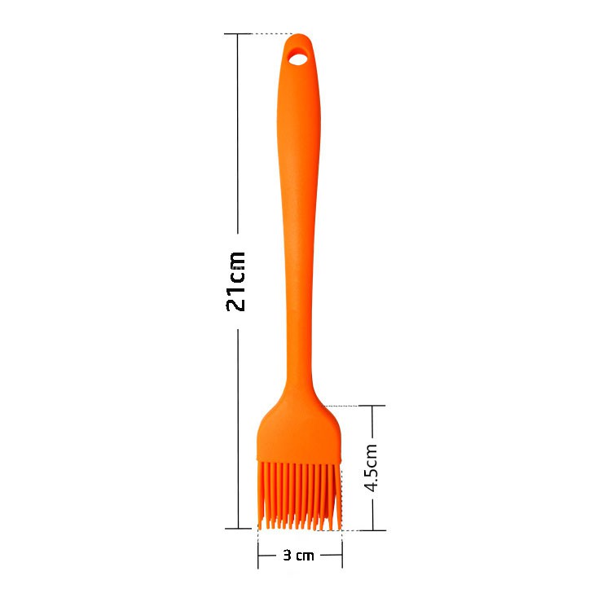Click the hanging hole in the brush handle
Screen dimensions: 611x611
click(298, 59)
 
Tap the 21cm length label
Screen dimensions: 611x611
click(236, 281)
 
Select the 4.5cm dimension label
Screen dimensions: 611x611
click(371, 468)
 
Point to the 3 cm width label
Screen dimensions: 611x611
click(298, 555)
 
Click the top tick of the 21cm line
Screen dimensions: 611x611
click(238, 34)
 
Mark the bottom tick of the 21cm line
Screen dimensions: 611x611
click(238, 529)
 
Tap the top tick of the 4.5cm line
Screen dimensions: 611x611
click(373, 406)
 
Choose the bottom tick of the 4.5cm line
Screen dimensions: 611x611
click(373, 530)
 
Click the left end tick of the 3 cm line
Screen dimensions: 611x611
click(258, 555)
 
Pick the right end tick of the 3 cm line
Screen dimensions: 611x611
click(342, 555)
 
